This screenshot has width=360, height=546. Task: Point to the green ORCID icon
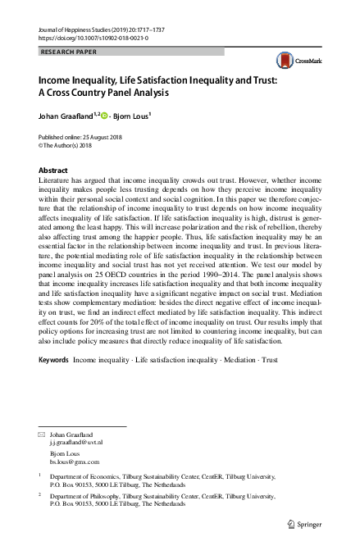pyautogui.click(x=109, y=115)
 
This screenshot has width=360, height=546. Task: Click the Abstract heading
pyautogui.click(x=53, y=170)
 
